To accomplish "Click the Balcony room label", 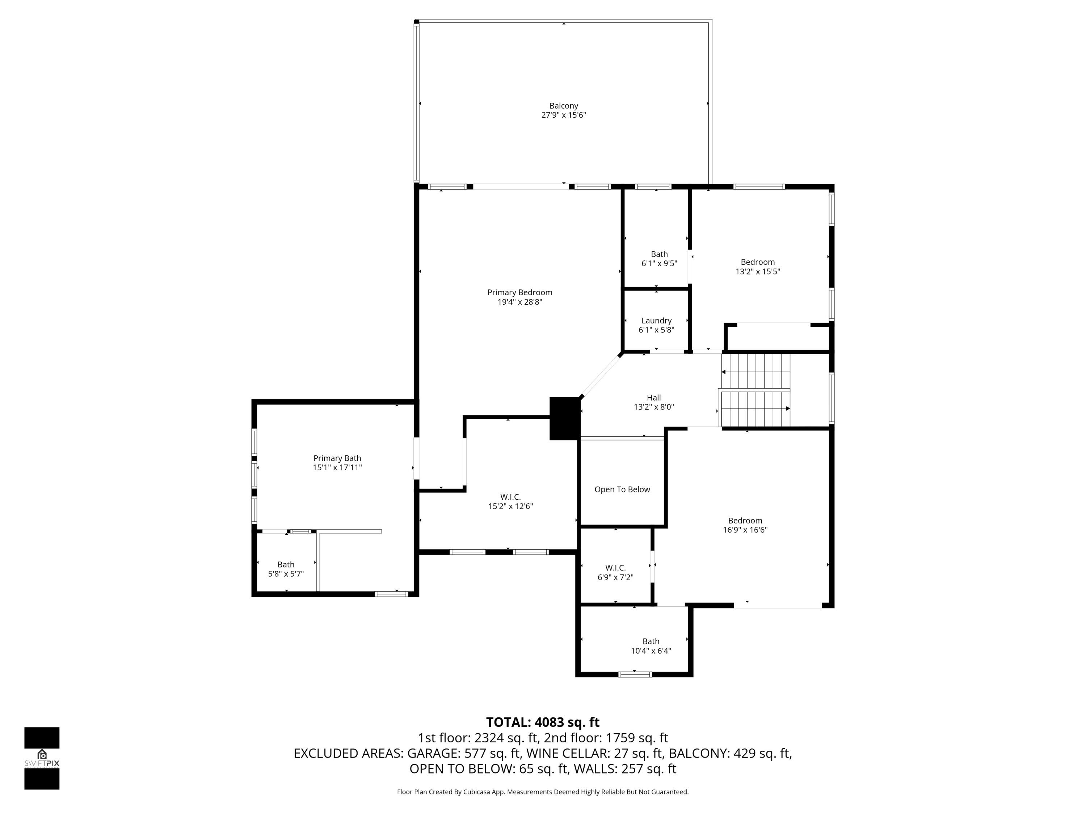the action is tap(564, 106).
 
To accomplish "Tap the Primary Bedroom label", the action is tap(519, 292).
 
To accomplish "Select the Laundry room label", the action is tap(656, 321).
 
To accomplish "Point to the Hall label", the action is tap(653, 398).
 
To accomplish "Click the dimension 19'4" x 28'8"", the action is tap(519, 302).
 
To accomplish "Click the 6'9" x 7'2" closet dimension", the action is tap(615, 577).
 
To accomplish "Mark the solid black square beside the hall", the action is tap(565, 419).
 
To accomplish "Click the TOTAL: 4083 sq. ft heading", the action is tap(543, 722).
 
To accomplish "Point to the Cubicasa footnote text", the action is tap(543, 792).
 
